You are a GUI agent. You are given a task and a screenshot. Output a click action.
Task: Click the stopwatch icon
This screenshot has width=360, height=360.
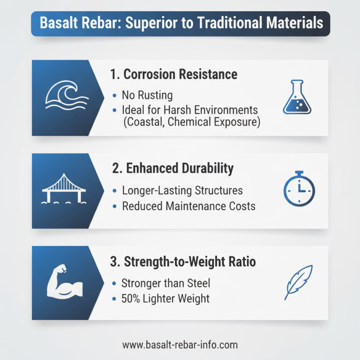[x=299, y=189]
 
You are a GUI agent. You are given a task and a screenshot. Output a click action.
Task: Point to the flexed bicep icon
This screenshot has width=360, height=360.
[x=64, y=283]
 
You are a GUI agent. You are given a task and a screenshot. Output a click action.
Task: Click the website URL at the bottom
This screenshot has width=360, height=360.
[x=180, y=345]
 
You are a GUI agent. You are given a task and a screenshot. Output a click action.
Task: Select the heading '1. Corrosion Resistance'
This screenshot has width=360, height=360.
[x=174, y=74]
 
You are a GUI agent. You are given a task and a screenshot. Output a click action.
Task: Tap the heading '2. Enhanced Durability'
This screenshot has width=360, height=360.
[x=172, y=168]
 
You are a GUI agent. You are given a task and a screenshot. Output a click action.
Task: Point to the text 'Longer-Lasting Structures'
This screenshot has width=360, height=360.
[x=182, y=190]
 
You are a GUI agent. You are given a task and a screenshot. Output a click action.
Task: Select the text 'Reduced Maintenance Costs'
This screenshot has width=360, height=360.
[x=189, y=206]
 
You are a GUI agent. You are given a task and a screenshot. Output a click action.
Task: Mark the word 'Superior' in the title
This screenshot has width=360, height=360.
[x=150, y=23]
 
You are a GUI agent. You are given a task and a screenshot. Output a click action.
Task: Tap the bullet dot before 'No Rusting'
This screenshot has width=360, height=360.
[x=113, y=96]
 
